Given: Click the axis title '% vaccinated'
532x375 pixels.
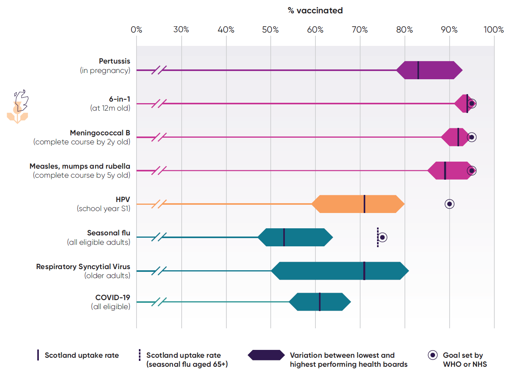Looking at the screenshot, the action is (x=315, y=11).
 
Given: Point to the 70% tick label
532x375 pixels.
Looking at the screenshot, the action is (x=359, y=30).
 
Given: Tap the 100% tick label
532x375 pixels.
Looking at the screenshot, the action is (x=493, y=30).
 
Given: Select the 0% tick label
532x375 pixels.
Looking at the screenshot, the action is (x=136, y=30).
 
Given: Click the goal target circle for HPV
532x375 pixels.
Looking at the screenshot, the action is (x=449, y=204).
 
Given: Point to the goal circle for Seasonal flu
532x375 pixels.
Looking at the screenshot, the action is (x=383, y=237).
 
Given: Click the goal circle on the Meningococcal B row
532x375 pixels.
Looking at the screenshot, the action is (x=472, y=137).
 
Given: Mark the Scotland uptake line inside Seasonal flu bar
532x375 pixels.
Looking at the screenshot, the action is (x=284, y=237).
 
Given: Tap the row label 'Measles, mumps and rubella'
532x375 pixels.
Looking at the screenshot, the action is (x=80, y=166).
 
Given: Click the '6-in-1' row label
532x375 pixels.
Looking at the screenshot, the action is (x=119, y=99).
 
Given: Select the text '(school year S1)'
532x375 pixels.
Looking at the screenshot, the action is (x=103, y=209).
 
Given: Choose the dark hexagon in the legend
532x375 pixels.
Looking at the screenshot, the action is (x=266, y=355).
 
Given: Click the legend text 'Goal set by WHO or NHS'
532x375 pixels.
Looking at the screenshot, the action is (x=465, y=360).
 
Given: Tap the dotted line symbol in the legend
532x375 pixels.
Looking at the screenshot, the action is (x=139, y=355).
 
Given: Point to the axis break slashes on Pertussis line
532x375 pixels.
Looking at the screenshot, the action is (x=159, y=70).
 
